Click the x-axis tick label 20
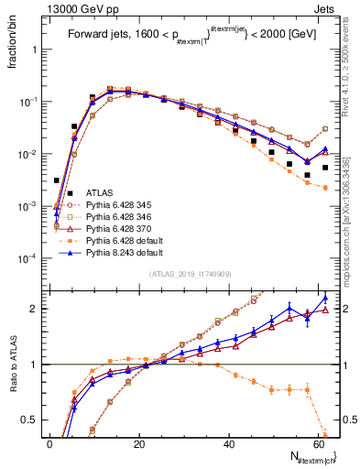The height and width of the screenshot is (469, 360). click(x=140, y=443)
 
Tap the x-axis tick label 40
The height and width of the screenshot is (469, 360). click(x=230, y=443)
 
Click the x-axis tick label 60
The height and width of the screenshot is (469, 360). click(x=320, y=443)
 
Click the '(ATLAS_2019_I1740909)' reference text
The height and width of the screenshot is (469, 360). click(x=190, y=275)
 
